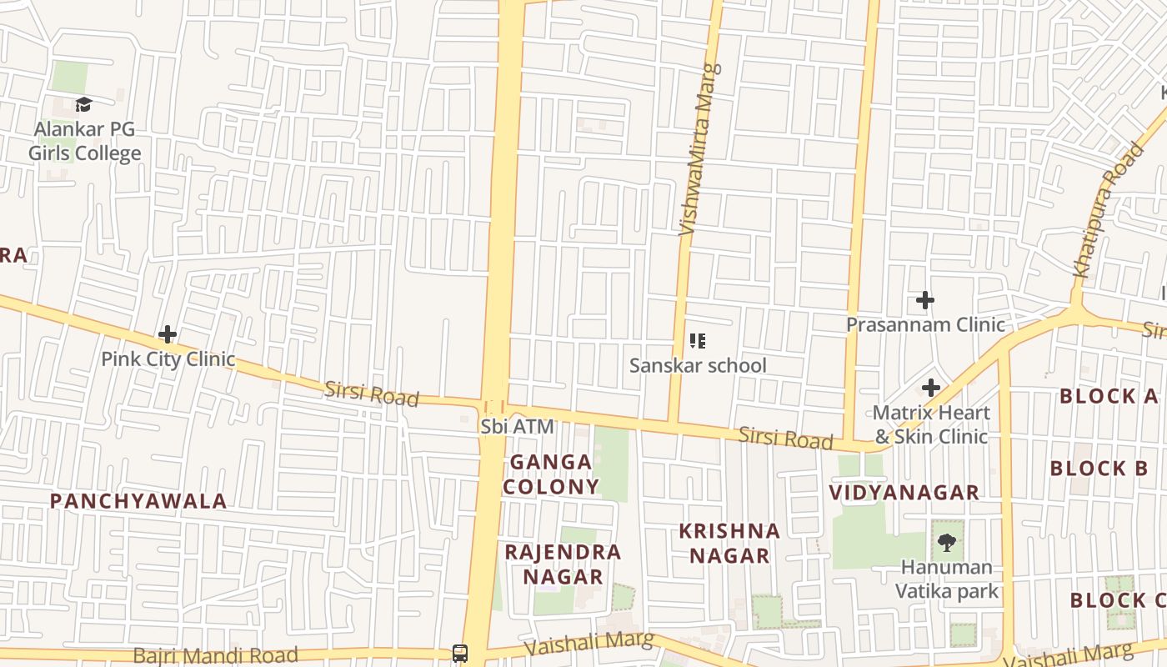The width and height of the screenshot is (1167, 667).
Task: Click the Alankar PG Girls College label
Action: point(84,142)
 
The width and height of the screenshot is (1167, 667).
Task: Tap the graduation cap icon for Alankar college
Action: point(83,104)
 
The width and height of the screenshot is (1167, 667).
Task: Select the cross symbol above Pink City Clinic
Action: point(168,334)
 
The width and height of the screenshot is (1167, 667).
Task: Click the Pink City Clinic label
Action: point(168,359)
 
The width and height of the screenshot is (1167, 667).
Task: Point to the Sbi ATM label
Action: point(517,426)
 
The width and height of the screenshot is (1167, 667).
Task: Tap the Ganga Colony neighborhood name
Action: point(551,474)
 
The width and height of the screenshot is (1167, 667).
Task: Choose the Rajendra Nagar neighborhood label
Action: point(563,564)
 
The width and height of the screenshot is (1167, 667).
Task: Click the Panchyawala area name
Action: point(138,501)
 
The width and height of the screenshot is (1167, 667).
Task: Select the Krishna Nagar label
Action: point(729,543)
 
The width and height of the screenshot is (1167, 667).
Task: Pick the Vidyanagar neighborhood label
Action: point(904,492)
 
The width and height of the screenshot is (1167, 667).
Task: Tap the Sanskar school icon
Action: point(698,340)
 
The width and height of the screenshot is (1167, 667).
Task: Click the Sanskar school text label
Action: point(698,365)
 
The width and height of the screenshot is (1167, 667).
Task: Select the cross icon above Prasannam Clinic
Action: point(925,300)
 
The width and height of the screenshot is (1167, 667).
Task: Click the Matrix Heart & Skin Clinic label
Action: point(930,424)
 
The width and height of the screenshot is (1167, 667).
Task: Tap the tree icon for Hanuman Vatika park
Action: point(946,543)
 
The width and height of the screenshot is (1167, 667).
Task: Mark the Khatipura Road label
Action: point(1107,211)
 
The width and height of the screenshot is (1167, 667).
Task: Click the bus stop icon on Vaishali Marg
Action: point(460,653)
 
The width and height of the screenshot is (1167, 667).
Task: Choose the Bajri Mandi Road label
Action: point(215,654)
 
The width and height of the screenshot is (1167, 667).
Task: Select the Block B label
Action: point(1099,469)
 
